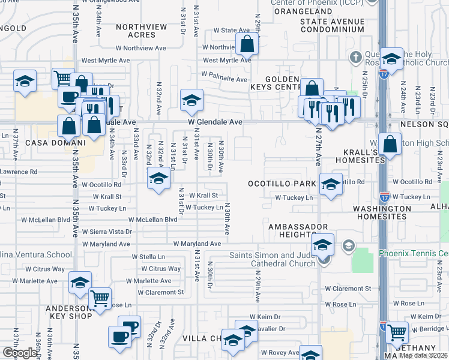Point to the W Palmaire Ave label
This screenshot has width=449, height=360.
224,79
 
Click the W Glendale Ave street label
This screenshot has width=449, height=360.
215,122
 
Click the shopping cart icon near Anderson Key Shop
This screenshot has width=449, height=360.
100,298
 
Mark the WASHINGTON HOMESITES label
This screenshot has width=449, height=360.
382,212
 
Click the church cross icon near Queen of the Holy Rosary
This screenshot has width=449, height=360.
356,58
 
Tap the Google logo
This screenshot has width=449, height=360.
20,352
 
